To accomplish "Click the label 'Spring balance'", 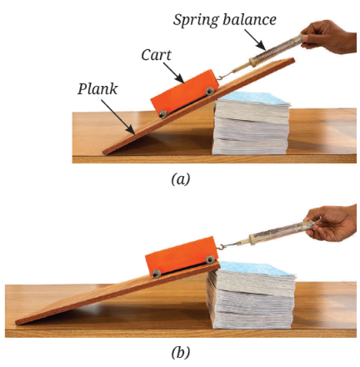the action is coord(224,20).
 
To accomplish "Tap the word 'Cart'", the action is coord(156,55).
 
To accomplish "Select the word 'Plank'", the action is coord(97,89).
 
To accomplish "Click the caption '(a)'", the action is coord(181,179).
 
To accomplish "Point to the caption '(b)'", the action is coord(181,353).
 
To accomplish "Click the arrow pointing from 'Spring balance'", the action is coord(255,40).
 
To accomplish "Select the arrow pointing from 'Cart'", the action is coord(174,73).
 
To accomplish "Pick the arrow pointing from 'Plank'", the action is coord(118,117).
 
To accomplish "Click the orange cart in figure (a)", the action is coord(184,92).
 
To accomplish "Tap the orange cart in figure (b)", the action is coord(182,257).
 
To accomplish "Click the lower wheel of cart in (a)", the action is coord(163,113).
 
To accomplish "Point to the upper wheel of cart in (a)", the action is coord(209,91).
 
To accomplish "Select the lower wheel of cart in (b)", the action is coord(157,274).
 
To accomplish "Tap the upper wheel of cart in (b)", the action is coord(210,259).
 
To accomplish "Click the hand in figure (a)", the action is coord(331,36).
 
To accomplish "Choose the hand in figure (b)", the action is coord(332,224).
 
